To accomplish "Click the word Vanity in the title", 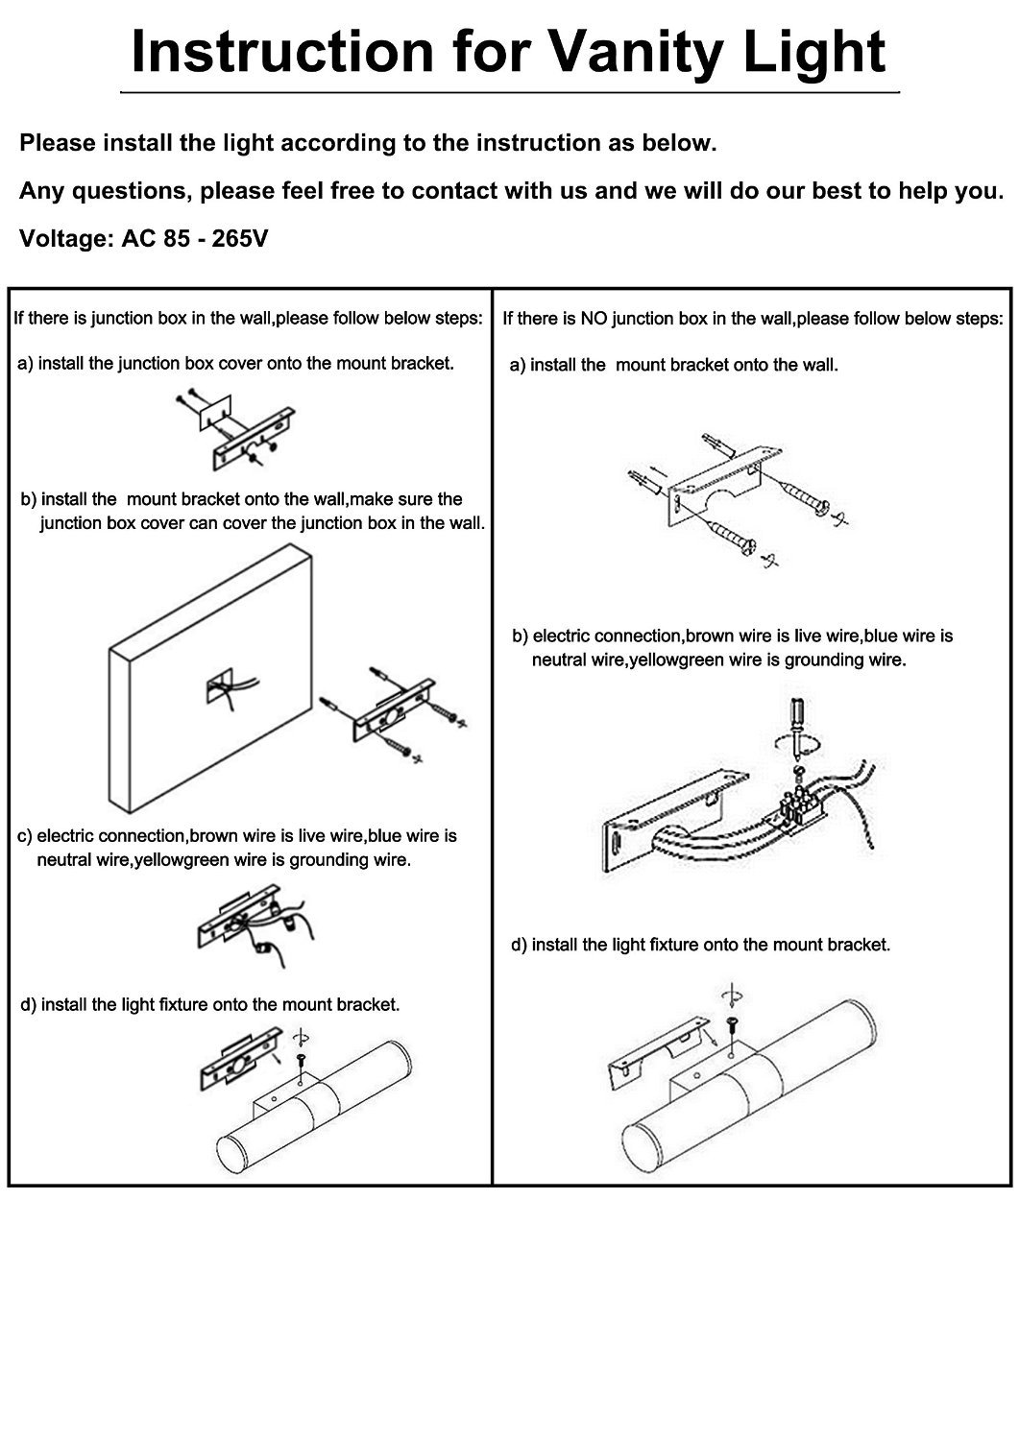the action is pos(638,52).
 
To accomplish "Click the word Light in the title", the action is pos(817,52).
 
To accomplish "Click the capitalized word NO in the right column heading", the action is pos(595,318).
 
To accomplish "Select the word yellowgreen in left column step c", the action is pos(178,859).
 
